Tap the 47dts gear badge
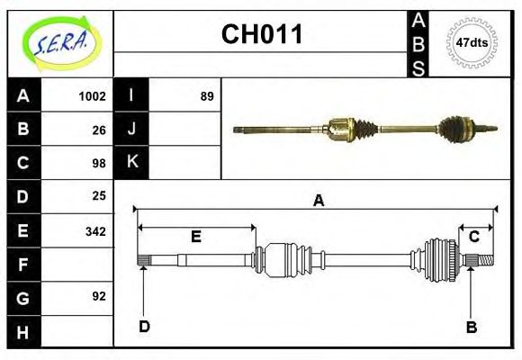472,42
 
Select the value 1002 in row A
92,95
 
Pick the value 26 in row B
98,130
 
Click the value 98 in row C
98,164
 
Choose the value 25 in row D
98,195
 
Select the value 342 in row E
94,231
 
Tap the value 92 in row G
98,296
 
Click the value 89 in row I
206,95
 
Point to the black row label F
23,265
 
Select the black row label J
132,129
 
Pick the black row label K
132,162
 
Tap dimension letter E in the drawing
195,238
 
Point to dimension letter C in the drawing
472,237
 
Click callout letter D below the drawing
144,326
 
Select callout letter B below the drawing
471,327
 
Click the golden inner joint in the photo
340,131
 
